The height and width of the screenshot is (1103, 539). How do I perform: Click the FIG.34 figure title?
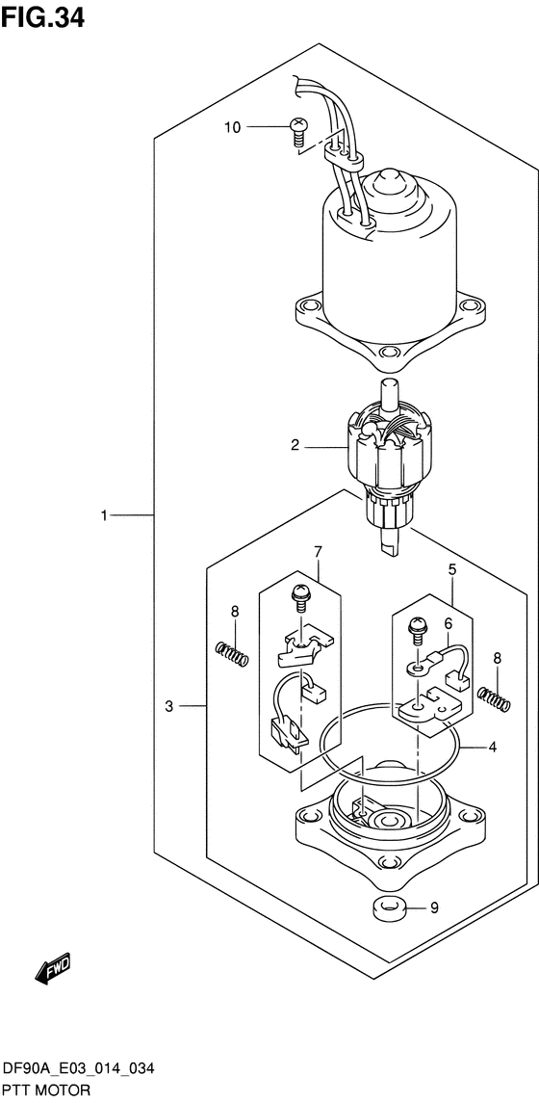point(43,16)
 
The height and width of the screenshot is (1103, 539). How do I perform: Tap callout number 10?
point(232,127)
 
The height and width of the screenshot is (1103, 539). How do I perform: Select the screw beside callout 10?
point(298,132)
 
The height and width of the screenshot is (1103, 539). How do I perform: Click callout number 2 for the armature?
point(295,445)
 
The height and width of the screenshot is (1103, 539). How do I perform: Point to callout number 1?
point(104,515)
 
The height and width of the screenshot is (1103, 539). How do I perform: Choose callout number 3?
point(168,706)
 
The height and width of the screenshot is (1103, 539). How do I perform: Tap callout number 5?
point(452,569)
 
